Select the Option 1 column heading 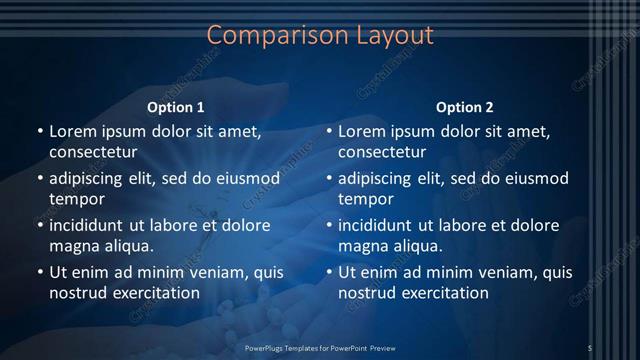click(176, 107)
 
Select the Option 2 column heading click(465, 107)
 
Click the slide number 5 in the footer click(590, 347)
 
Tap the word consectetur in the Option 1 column click(93, 152)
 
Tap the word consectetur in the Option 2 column click(382, 152)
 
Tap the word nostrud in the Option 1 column click(77, 293)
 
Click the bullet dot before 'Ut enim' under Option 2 click(329, 272)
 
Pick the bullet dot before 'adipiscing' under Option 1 click(40, 179)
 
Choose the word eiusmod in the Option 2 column click(535, 179)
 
